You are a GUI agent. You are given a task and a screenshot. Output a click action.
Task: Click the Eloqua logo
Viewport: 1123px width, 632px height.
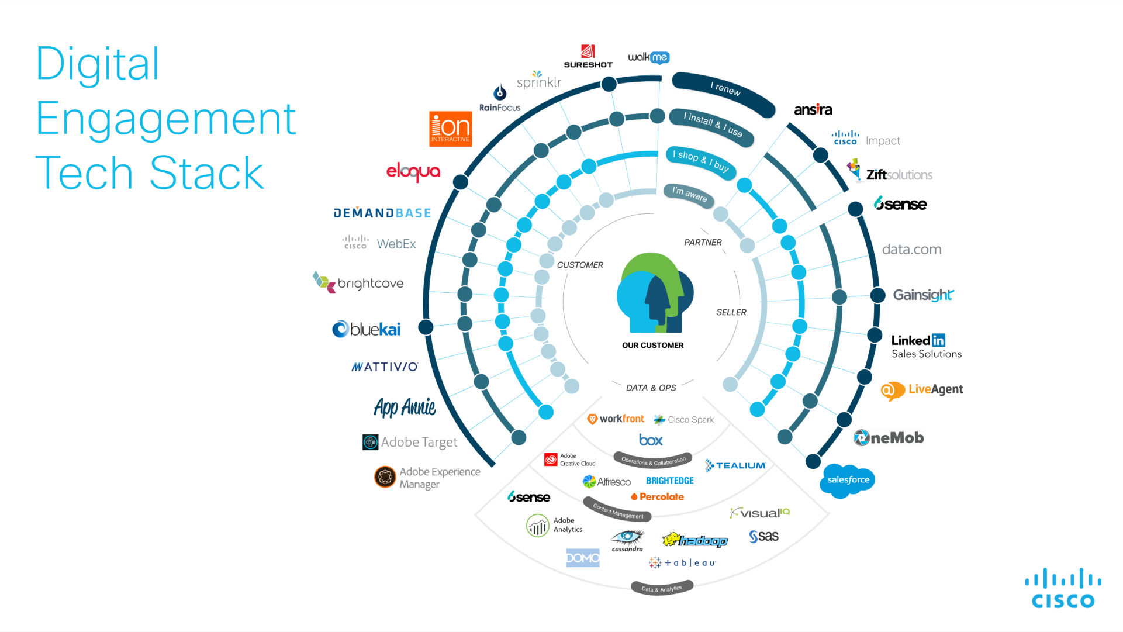[413, 171]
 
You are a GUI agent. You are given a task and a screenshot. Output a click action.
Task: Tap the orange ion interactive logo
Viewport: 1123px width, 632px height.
[450, 129]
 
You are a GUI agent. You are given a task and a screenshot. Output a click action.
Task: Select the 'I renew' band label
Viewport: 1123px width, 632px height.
[725, 89]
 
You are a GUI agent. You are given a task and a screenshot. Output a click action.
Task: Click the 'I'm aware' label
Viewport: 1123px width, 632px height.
[689, 194]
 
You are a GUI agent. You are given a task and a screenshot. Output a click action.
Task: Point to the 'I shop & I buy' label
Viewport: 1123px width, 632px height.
[700, 161]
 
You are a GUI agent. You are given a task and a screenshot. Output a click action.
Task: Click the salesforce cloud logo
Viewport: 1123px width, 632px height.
[848, 480]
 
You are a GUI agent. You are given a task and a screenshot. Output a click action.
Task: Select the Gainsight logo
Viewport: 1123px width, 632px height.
[923, 295]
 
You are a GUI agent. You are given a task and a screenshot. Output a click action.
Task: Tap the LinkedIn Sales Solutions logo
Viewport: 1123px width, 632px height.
[926, 347]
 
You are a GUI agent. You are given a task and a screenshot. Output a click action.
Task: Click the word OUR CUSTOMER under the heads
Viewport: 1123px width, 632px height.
[652, 346]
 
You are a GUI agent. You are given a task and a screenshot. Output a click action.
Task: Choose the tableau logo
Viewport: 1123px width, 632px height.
[682, 563]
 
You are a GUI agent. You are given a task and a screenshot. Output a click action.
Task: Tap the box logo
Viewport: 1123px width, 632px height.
[651, 440]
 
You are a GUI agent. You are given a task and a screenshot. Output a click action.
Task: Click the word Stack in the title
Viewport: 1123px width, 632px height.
[207, 174]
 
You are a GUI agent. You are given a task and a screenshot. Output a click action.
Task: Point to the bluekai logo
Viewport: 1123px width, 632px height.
[367, 329]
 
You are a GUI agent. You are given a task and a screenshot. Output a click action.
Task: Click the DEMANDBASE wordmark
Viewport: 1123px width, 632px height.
[382, 213]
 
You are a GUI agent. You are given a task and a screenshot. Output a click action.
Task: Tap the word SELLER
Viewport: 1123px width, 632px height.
[731, 313]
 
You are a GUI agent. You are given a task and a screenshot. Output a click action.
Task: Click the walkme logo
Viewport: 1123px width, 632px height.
[648, 57]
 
